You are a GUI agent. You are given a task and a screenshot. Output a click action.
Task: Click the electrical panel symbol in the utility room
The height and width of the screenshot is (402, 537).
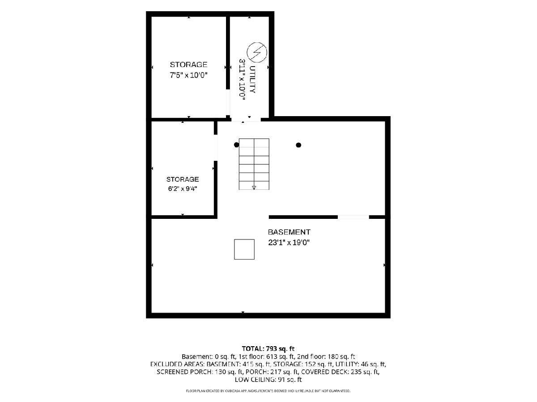[256, 52]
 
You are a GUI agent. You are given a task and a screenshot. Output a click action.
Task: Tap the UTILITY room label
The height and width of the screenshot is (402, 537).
[253, 80]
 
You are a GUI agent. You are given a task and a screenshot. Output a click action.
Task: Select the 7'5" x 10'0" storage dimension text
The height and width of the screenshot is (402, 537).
[189, 75]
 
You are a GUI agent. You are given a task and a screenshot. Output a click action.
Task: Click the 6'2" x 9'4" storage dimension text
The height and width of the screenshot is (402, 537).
[183, 188]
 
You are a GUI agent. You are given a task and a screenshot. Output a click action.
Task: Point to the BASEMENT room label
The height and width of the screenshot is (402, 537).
[289, 232]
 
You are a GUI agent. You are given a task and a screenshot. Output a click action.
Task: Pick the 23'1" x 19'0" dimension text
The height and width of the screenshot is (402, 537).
[289, 243]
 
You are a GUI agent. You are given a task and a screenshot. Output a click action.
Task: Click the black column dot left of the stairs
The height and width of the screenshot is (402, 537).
[236, 145]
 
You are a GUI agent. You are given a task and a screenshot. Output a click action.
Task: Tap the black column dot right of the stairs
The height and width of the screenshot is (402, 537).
[298, 145]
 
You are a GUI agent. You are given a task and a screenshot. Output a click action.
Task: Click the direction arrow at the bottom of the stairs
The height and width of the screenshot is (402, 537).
[254, 188]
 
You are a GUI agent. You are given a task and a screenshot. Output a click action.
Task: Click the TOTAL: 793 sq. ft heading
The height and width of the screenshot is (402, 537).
[268, 348]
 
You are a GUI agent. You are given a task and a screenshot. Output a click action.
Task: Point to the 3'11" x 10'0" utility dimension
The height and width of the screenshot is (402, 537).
[242, 80]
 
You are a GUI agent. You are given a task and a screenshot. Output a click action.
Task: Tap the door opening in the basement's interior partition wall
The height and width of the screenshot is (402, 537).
[353, 217]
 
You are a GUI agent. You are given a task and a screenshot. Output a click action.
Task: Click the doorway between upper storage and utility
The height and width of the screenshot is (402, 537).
[228, 102]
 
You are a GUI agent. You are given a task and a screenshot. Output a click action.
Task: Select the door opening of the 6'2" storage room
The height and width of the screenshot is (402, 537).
[216, 148]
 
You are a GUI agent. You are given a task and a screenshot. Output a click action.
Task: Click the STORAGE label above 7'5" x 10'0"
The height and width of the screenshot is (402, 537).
[189, 65]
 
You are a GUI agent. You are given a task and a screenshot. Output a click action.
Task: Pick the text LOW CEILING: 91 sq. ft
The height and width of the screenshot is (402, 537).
[268, 380]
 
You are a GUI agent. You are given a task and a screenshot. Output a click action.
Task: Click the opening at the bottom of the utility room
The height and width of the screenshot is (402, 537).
[246, 119]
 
